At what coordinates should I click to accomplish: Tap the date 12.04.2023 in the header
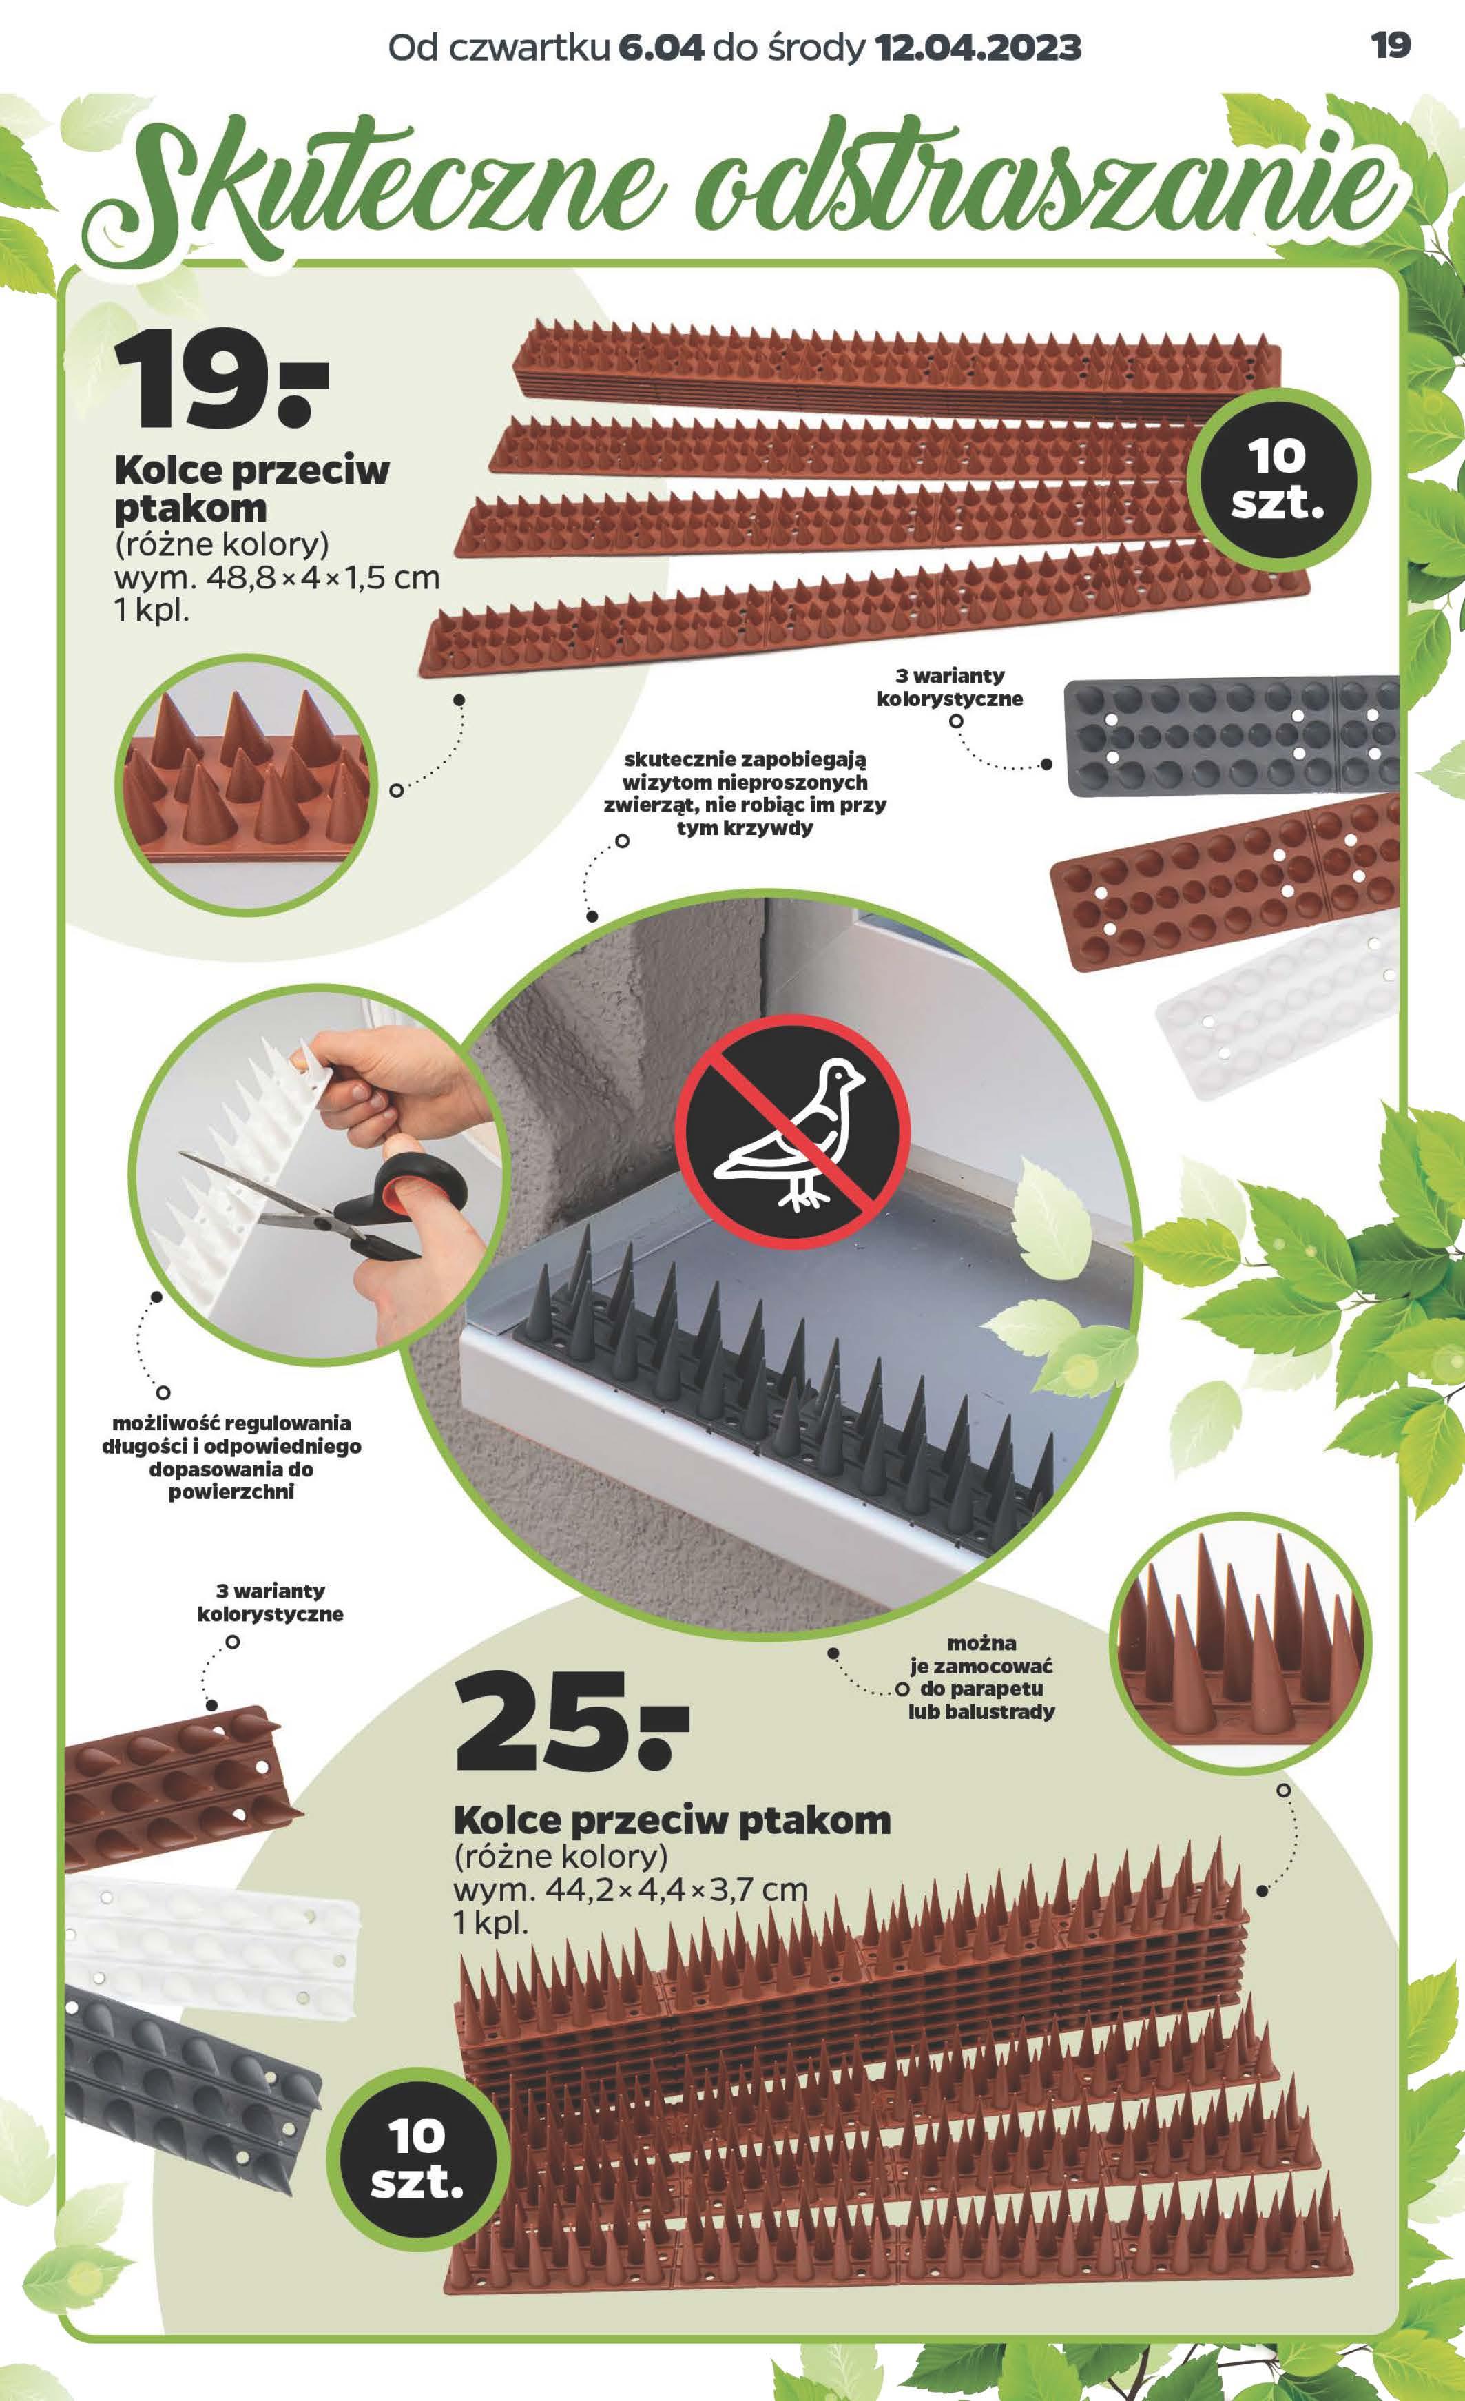(x=979, y=47)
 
